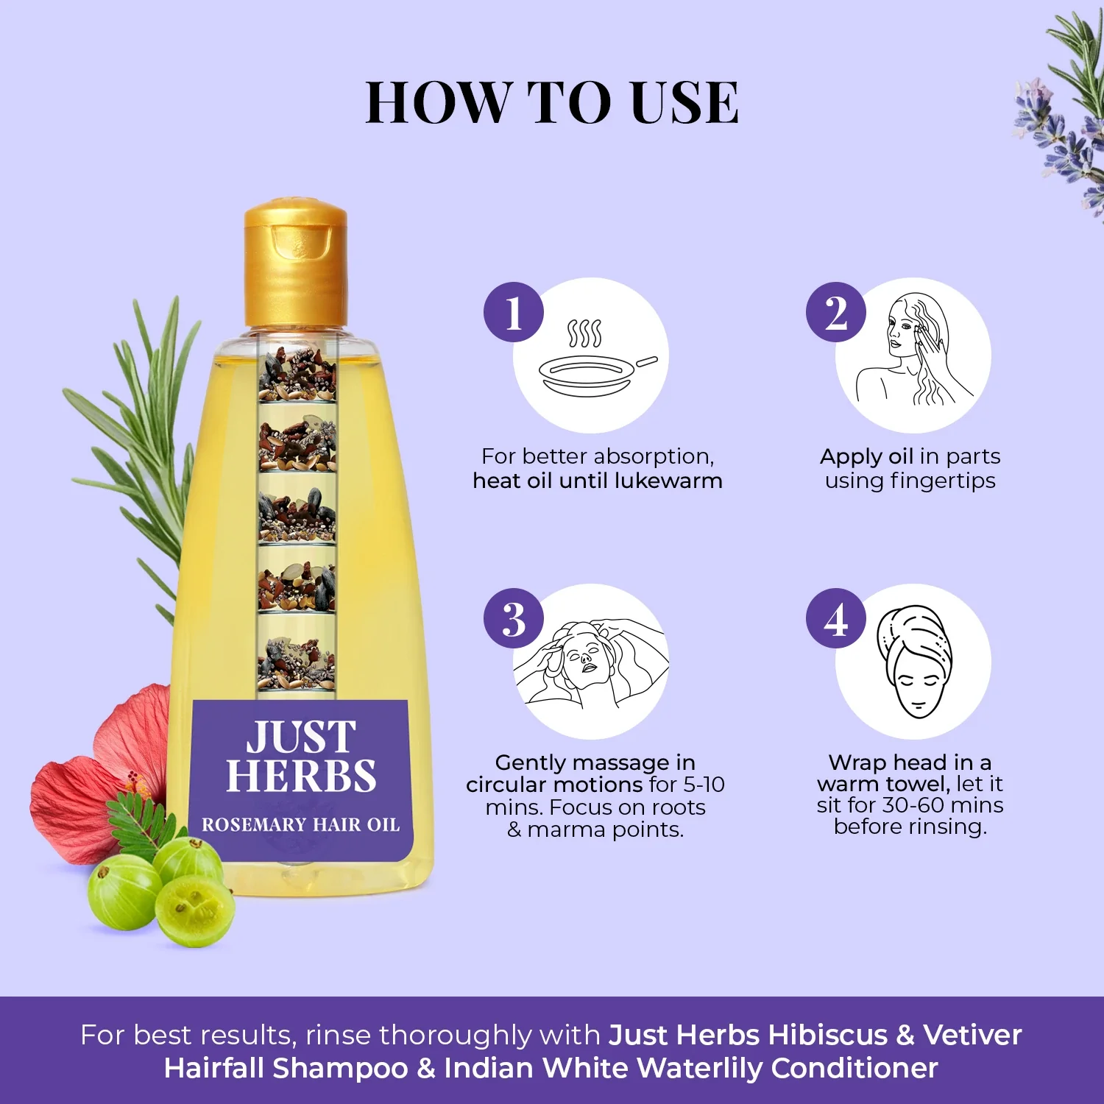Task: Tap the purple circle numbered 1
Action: [x=513, y=312]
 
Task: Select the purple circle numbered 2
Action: [x=835, y=312]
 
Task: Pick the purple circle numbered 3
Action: [x=513, y=618]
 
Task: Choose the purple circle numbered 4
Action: [x=835, y=618]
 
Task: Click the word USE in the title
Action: [x=684, y=102]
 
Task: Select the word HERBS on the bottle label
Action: [x=301, y=776]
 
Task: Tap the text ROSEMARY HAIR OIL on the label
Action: [x=301, y=825]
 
